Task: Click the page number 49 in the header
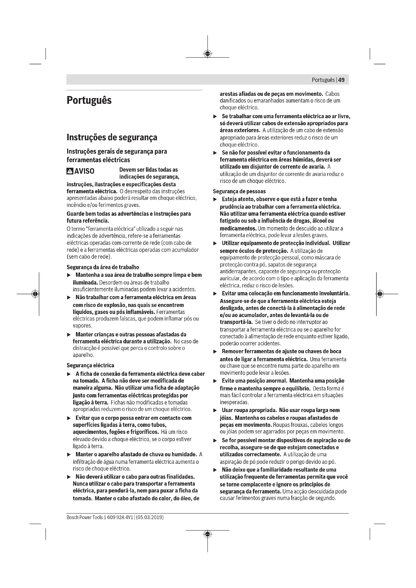(341, 80)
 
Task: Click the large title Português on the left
(89, 100)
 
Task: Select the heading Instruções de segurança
(112, 137)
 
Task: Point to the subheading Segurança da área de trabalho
(103, 267)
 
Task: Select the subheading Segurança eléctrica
(91, 365)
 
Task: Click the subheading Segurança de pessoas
(239, 191)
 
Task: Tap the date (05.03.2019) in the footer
(150, 517)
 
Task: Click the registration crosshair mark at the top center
(207, 54)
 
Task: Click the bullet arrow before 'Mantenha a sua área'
(69, 275)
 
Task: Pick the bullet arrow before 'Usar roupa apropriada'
(215, 411)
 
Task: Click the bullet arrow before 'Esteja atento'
(215, 200)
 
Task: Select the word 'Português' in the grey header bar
(323, 80)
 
